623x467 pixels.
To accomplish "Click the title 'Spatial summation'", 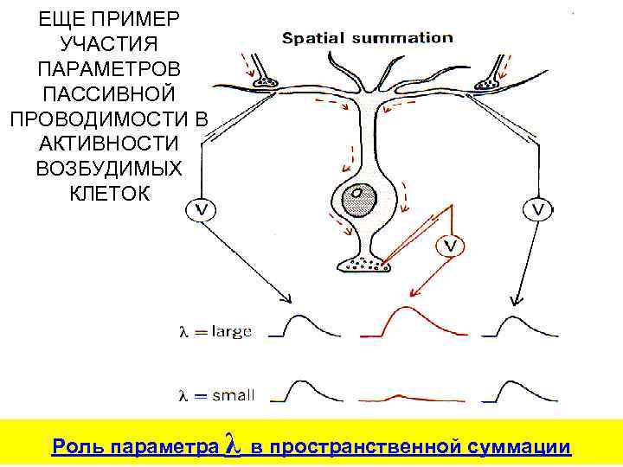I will pyautogui.click(x=368, y=37).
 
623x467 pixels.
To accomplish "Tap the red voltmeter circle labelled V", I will pyautogui.click(x=450, y=246).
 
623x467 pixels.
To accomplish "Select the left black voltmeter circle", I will pyautogui.click(x=201, y=209).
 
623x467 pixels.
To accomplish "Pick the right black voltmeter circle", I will pyautogui.click(x=538, y=209).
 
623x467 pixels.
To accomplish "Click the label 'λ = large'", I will pyautogui.click(x=215, y=331).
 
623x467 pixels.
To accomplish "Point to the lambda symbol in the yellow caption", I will pyautogui.click(x=230, y=445).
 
